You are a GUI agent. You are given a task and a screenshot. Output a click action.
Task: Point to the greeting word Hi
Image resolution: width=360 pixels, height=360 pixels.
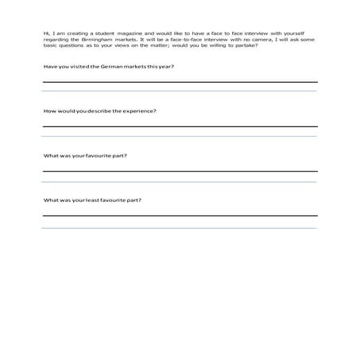click(46, 32)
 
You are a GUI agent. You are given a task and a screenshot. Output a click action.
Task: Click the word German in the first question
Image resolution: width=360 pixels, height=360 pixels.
click(104, 66)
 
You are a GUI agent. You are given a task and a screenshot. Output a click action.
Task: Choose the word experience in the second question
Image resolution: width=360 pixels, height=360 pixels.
click(140, 110)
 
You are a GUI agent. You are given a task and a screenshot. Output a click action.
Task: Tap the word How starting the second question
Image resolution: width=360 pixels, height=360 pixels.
click(48, 110)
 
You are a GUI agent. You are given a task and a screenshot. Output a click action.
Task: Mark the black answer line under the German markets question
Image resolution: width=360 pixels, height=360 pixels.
click(180, 82)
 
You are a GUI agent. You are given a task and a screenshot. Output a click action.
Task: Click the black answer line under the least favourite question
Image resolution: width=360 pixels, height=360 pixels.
click(180, 215)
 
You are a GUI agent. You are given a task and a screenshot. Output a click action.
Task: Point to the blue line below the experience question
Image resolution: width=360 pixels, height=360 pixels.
click(180, 137)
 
